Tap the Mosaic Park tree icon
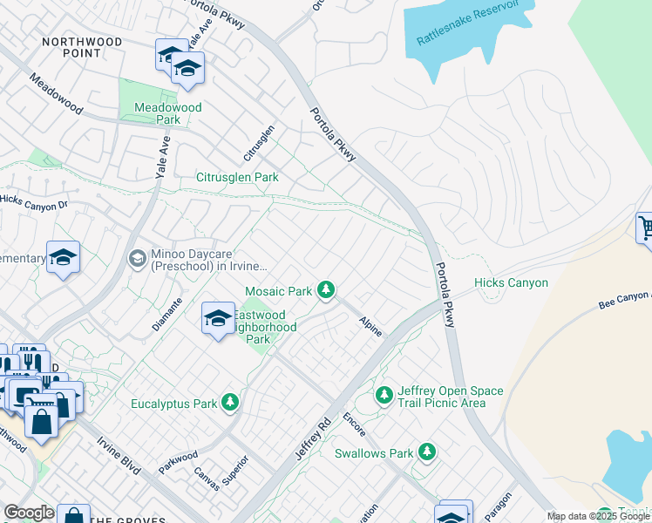pos(326,289)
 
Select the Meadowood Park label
pos(168,113)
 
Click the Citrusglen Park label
pos(236,177)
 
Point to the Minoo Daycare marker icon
pos(137,258)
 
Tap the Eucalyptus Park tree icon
pos(230,402)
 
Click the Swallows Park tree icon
pos(426,452)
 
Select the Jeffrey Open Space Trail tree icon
pos(384,396)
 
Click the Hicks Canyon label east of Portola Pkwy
pos(511,282)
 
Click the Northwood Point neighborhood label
pos(71,47)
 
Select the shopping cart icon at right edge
pos(645,229)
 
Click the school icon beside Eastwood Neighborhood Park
pos(218,319)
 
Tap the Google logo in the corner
pos(29,513)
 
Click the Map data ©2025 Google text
pos(598,516)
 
